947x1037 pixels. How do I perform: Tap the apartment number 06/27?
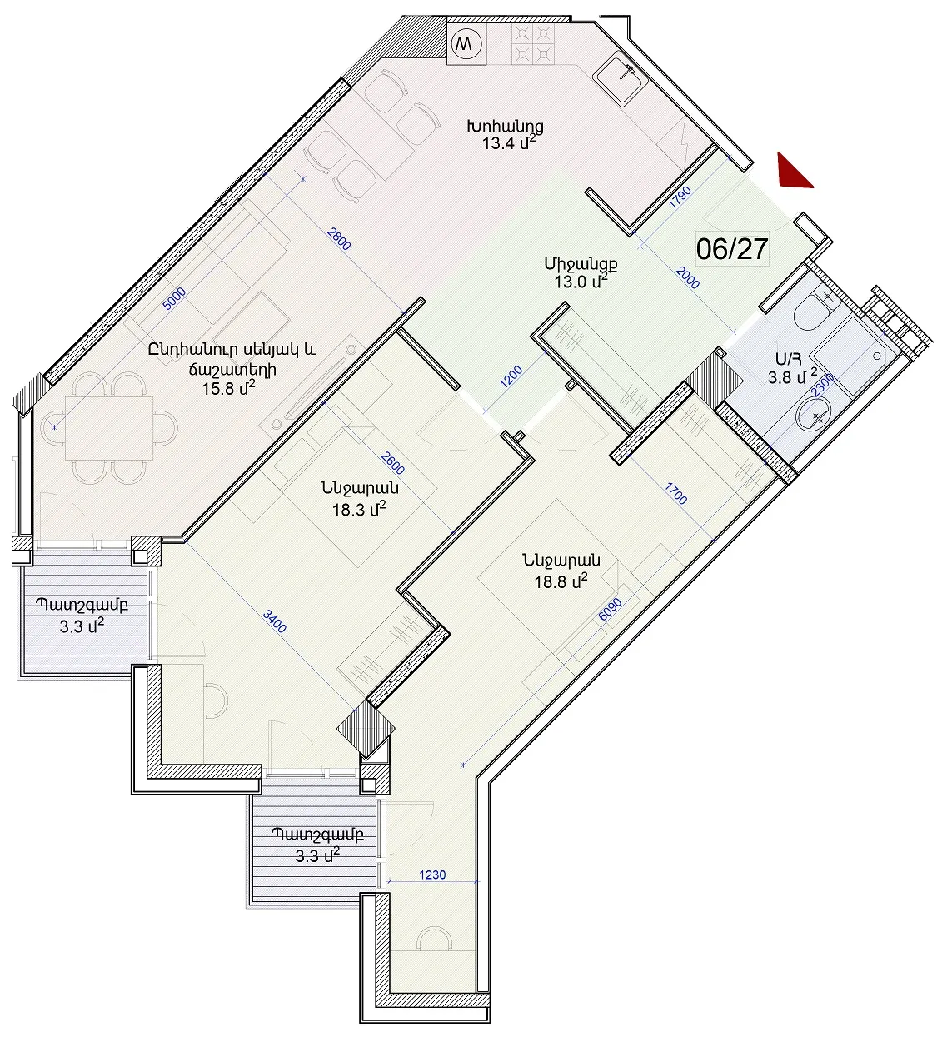coord(732,250)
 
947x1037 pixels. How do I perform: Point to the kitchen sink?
coord(621,78)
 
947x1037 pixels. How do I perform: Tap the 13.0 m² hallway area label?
coord(581,282)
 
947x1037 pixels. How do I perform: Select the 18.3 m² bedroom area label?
coord(359,510)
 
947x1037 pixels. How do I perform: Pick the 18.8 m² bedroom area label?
coord(561,581)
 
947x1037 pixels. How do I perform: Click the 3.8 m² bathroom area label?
coord(792,376)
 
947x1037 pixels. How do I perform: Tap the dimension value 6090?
coord(610,612)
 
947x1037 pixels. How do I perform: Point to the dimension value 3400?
coord(275,621)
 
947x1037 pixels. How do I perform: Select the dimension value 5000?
coord(174,298)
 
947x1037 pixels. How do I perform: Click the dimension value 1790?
coord(680,197)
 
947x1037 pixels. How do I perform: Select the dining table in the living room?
coord(109,428)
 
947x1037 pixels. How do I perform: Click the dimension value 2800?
coord(339,238)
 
